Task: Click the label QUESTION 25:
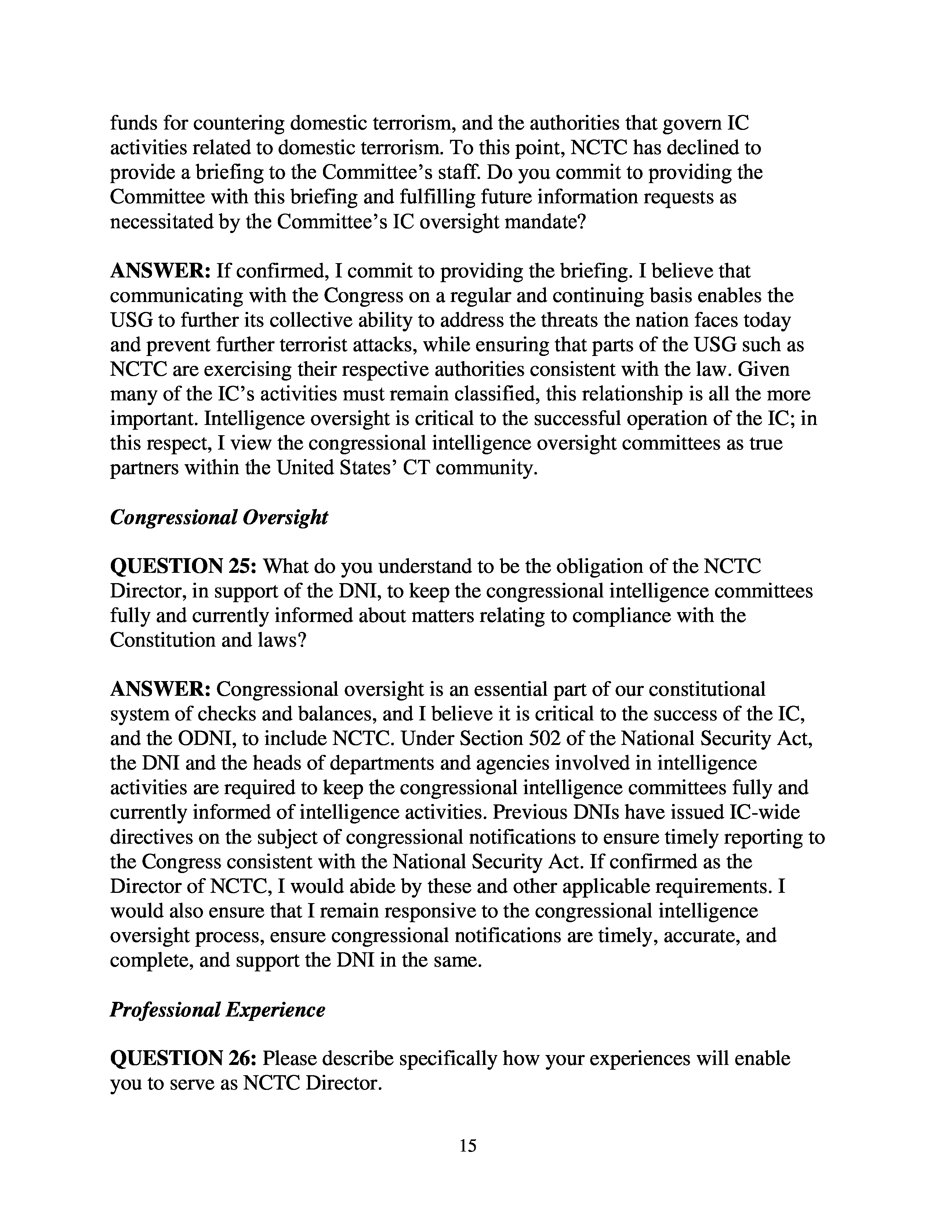click(x=183, y=566)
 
